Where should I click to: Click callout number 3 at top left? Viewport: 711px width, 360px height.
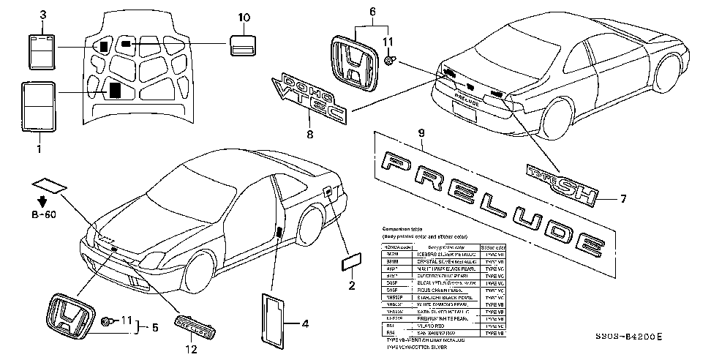click(43, 15)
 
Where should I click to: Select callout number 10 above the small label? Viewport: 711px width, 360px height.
click(244, 16)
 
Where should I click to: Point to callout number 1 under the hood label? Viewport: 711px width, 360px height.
click(39, 149)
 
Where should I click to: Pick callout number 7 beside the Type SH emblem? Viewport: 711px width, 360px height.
click(622, 198)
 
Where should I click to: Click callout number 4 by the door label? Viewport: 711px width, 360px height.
click(305, 322)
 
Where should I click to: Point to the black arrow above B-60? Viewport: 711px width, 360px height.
click(43, 200)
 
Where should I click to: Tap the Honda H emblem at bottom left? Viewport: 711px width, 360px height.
click(69, 317)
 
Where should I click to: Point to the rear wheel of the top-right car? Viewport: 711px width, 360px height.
click(556, 119)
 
